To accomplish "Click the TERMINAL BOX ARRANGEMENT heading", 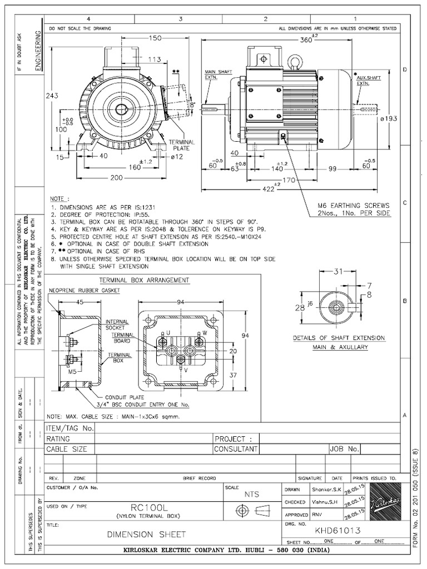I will click(144, 280).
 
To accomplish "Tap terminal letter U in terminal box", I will click(161, 333).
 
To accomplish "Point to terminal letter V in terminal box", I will click(185, 369).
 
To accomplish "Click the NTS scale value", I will click(252, 494).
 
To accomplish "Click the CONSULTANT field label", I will click(236, 448).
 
